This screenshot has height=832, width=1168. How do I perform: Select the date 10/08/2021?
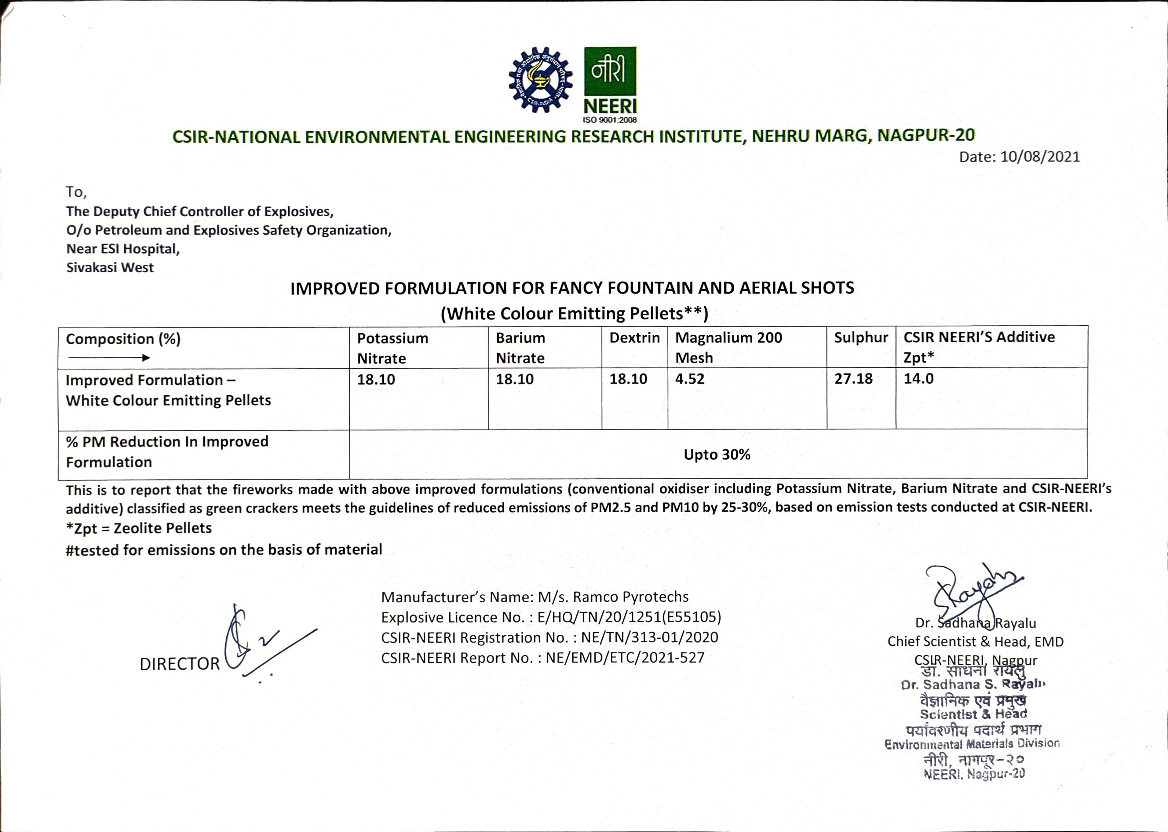click(1040, 157)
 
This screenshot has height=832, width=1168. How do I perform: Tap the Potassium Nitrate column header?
click(392, 348)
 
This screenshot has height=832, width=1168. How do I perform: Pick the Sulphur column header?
click(861, 338)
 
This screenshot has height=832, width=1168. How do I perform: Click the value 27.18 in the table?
click(853, 379)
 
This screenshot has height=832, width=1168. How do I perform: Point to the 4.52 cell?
click(690, 379)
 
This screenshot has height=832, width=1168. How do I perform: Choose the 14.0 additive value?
click(918, 379)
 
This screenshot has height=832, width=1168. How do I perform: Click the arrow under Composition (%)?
click(109, 358)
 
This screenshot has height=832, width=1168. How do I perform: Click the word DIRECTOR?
click(179, 664)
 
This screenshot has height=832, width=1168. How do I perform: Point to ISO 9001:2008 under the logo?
click(610, 120)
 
